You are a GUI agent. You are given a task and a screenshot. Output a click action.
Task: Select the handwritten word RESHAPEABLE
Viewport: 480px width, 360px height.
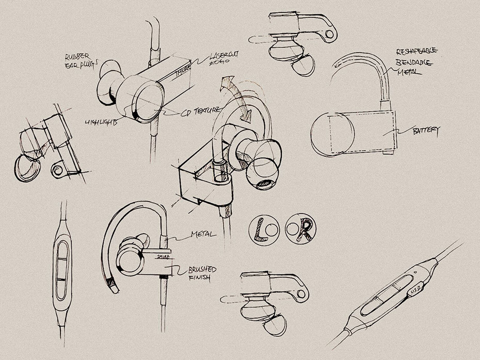click(417, 51)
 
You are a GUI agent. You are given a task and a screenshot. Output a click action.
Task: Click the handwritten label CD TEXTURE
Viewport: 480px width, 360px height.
click(201, 110)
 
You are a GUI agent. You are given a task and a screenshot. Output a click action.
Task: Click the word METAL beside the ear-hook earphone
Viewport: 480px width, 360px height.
click(203, 235)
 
